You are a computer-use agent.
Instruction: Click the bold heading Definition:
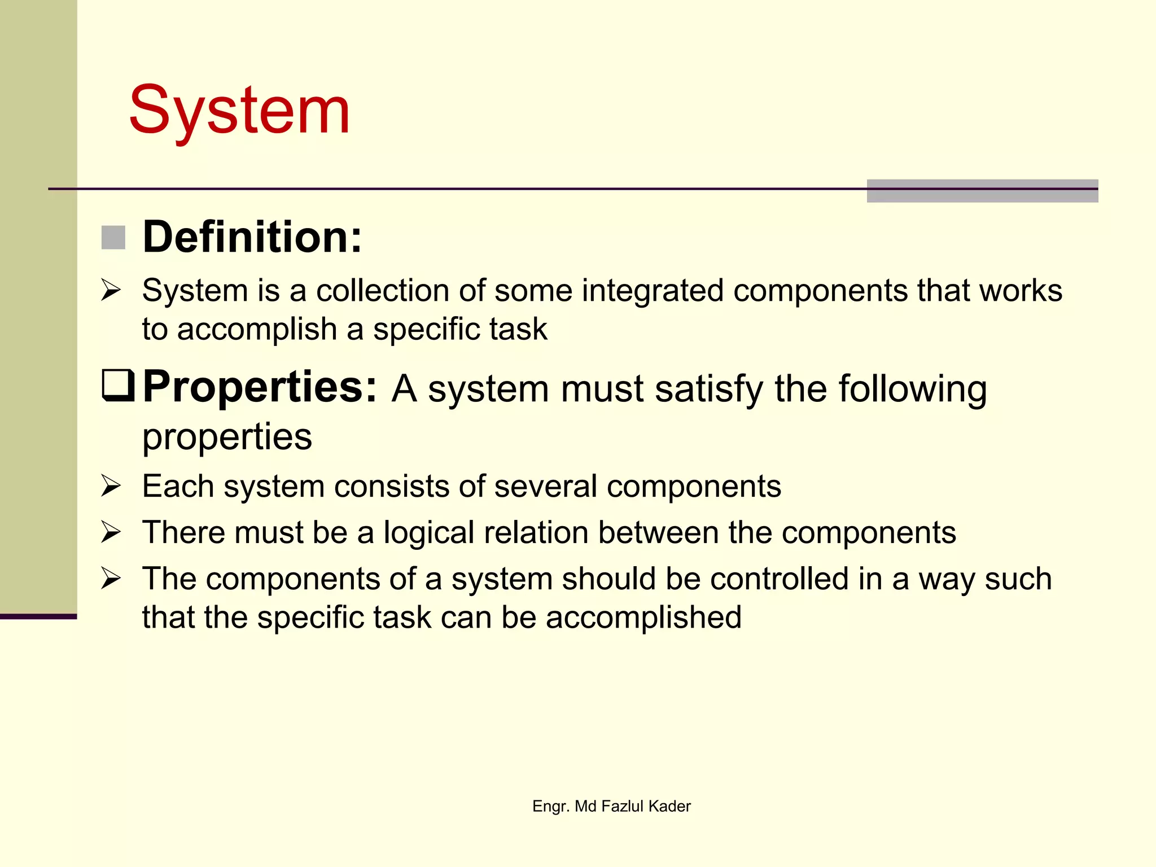tap(252, 237)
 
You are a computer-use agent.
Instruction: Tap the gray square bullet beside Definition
tap(113, 237)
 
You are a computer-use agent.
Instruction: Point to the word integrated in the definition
tap(653, 291)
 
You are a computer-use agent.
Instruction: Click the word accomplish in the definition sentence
tap(257, 329)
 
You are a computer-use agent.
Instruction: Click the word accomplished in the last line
tap(643, 618)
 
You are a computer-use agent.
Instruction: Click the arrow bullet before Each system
tap(111, 486)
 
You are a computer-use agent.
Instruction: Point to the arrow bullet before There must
tap(111, 532)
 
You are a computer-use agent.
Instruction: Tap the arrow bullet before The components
tap(111, 579)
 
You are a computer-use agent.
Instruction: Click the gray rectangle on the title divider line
tap(982, 191)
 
